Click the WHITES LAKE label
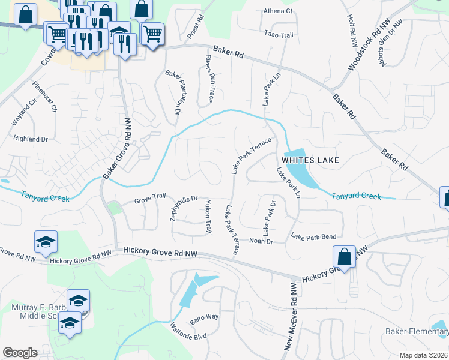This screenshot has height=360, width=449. point(310,160)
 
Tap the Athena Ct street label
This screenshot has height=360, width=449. point(278,11)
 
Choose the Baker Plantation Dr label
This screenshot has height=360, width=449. point(172,92)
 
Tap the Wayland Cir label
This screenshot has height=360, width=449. point(20,114)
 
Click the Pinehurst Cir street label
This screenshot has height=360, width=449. point(45,97)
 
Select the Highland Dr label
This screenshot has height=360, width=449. point(31,139)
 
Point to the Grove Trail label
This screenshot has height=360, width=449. point(149,200)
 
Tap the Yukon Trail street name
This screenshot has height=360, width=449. point(208,217)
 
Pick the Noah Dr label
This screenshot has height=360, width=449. point(261,241)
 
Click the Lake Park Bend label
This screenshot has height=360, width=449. point(313,237)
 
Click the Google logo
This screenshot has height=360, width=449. point(20,352)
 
